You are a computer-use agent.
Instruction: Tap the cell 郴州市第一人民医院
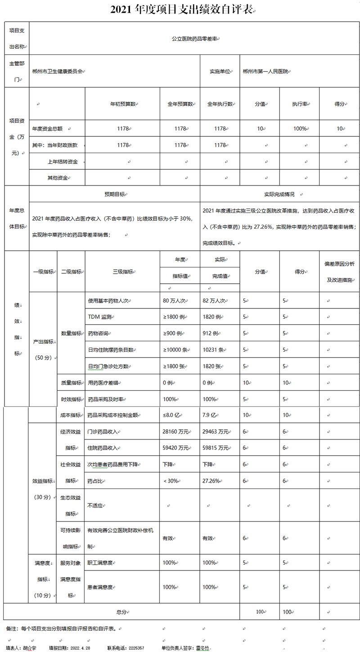(x=265, y=72)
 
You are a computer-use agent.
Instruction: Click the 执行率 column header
(x=299, y=104)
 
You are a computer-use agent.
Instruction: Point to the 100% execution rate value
(x=299, y=129)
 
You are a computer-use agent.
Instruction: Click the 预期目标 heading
(x=114, y=194)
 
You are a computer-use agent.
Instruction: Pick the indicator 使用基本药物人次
(x=109, y=300)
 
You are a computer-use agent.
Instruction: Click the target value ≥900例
(x=173, y=334)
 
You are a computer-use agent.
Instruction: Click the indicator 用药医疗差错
(x=105, y=383)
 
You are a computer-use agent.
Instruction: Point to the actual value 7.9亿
(x=210, y=415)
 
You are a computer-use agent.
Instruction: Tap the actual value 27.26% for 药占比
(x=211, y=481)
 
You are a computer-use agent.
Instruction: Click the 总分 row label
(x=121, y=612)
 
